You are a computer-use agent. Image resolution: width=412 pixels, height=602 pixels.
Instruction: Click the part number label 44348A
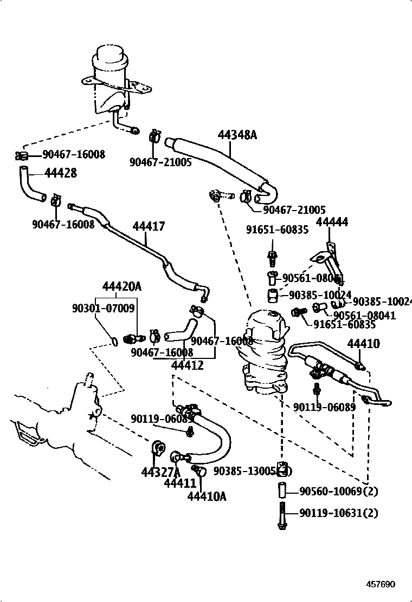(237, 135)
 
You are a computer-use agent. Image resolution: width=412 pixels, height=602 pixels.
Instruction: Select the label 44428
(60, 173)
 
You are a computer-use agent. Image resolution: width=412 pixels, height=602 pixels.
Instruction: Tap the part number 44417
(149, 227)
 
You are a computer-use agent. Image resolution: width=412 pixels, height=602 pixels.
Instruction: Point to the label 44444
(332, 222)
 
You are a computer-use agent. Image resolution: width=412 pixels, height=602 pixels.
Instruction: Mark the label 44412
(187, 365)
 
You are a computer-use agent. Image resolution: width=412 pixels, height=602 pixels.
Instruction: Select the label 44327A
(160, 472)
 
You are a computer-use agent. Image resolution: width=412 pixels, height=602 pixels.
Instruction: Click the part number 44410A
(207, 495)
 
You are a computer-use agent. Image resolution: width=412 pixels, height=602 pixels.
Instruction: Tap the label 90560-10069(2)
(339, 492)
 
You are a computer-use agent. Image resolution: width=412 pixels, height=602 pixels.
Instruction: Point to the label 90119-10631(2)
(339, 512)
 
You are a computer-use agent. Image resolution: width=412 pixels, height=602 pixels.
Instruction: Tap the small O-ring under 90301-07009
(115, 341)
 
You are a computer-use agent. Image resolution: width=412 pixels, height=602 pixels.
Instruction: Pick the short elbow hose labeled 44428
(31, 185)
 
